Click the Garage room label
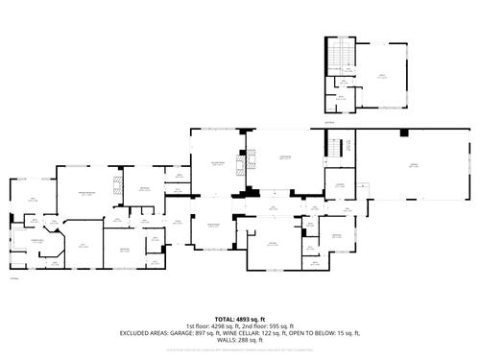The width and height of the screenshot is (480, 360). tap(415, 166)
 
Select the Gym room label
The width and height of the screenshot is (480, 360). tap(32, 200)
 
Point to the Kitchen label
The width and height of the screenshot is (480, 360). tap(273, 243)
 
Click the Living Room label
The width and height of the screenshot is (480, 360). tap(284, 157)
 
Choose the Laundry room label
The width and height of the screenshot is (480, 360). tap(340, 186)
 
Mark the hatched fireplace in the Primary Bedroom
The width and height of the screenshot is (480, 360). tap(117, 185)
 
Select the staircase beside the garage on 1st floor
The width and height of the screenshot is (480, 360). tap(336, 150)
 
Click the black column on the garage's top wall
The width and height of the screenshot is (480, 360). tap(404, 132)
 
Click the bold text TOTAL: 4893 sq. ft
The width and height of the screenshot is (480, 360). tap(239, 319)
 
